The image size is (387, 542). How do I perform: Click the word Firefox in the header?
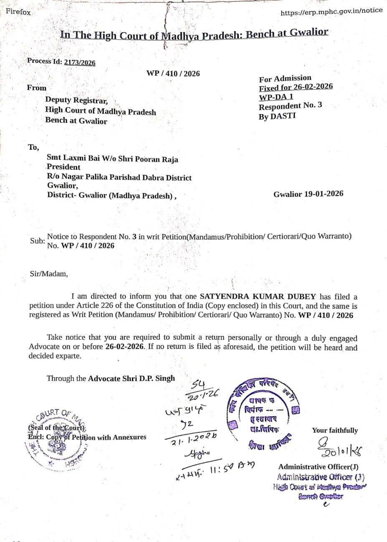[x=18, y=12]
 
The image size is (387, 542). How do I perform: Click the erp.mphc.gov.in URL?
[x=331, y=11]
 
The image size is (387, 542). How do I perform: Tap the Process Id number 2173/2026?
[x=79, y=63]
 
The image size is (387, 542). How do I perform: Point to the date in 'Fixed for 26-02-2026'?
[x=313, y=87]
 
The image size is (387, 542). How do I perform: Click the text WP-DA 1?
[x=276, y=97]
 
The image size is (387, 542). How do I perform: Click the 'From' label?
[x=37, y=88]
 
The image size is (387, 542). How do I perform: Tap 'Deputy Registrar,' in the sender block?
[x=76, y=100]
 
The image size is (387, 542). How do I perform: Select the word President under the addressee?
[x=63, y=167]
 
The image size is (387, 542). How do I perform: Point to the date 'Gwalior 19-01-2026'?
[x=309, y=194]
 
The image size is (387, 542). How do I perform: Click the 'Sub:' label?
[x=37, y=241]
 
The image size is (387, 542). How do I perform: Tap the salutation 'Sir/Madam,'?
[x=48, y=274]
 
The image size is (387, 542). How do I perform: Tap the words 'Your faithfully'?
[x=335, y=430]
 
